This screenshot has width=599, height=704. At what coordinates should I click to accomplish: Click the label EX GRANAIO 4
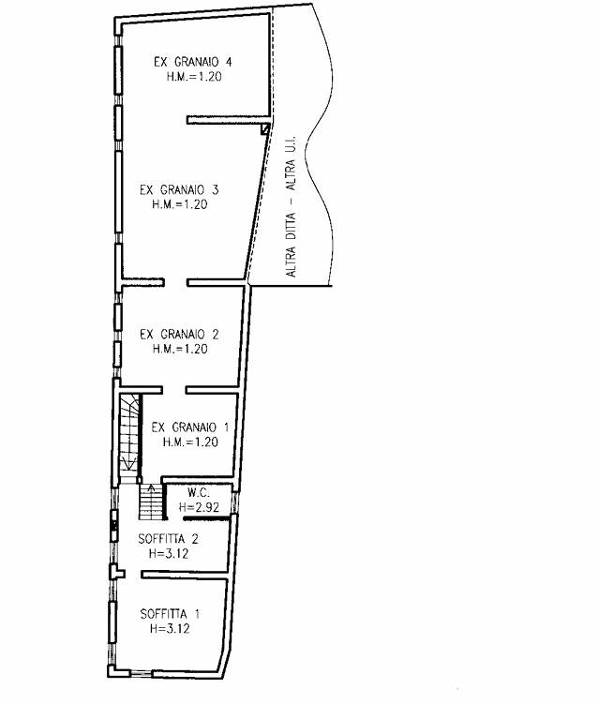click(193, 62)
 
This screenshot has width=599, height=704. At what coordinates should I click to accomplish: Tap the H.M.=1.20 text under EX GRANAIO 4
click(194, 77)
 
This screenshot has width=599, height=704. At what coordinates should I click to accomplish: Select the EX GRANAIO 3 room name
click(179, 190)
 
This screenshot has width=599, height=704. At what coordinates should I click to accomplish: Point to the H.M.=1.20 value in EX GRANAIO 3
click(180, 204)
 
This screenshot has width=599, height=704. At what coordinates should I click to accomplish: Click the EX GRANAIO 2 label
click(179, 335)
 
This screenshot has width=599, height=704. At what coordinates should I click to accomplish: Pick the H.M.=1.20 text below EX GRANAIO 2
click(180, 349)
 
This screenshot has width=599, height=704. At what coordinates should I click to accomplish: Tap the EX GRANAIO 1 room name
click(190, 427)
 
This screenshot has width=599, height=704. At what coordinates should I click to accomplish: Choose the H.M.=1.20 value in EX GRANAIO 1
click(190, 442)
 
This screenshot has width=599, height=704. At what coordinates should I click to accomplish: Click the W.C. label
click(199, 492)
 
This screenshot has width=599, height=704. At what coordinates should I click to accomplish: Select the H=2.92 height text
click(199, 507)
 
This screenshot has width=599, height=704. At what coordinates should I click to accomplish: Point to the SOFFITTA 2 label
click(169, 539)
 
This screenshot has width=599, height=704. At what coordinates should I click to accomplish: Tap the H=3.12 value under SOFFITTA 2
click(169, 554)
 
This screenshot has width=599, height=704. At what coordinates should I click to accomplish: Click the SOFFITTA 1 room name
click(170, 614)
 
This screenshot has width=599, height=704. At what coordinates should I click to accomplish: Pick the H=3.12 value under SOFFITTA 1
click(170, 629)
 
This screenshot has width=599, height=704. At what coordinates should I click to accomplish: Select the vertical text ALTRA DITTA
click(291, 245)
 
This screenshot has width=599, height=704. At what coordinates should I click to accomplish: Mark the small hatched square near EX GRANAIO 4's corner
click(266, 129)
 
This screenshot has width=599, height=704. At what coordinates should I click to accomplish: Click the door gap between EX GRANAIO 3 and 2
click(175, 282)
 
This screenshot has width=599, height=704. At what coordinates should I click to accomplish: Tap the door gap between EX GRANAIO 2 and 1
click(174, 390)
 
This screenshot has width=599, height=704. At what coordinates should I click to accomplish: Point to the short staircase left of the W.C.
click(151, 502)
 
